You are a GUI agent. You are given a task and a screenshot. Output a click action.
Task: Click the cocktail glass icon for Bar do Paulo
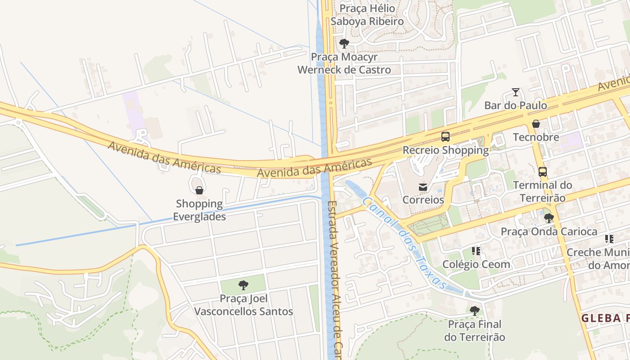(x=516, y=92)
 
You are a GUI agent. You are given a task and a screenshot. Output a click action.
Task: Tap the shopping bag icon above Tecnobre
(x=536, y=124)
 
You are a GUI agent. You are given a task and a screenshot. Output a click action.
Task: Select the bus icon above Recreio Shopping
(x=445, y=137)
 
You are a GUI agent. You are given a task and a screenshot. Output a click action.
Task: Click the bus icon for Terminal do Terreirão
(x=543, y=171)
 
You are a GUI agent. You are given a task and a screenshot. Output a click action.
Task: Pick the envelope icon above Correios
(x=423, y=187)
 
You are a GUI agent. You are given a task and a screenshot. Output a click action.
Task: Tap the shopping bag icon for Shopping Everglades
(x=199, y=190)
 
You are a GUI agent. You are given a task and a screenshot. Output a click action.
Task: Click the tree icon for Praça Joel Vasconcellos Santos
(x=243, y=285)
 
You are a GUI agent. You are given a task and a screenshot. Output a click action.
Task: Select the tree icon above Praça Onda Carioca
(x=549, y=218)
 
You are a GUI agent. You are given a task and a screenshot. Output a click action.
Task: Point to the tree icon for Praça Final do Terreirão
(x=474, y=310)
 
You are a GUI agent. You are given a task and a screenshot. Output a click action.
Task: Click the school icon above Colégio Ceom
(x=476, y=251)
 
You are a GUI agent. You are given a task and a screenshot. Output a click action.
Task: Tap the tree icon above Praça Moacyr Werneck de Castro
(x=344, y=44)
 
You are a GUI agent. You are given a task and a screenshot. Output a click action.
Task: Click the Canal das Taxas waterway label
(x=405, y=243)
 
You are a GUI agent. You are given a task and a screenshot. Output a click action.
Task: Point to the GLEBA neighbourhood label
(x=605, y=318)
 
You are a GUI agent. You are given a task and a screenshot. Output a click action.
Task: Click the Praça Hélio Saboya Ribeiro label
(x=367, y=15)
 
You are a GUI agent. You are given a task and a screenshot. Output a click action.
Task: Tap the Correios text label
(x=423, y=200)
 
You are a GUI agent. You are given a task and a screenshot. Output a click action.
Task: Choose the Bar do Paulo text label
(x=516, y=105)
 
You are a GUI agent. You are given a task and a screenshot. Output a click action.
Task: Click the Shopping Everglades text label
(x=199, y=210)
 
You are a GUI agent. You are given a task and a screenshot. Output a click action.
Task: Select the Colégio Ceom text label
(x=476, y=264)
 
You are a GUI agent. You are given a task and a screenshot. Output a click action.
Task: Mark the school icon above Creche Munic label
(x=609, y=239)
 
